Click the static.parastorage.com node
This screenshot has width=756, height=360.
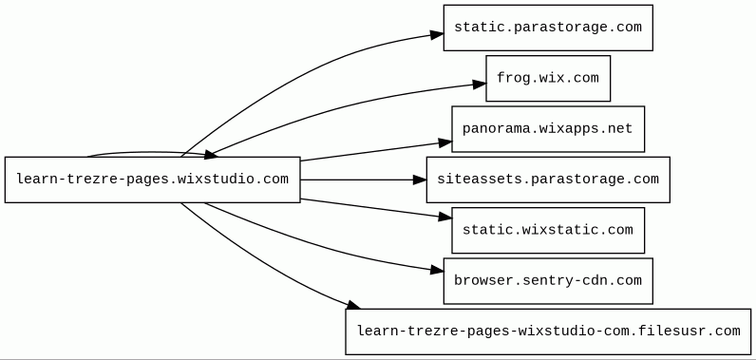548,28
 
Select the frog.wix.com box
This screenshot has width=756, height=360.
548,79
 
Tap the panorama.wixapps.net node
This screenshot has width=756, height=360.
548,129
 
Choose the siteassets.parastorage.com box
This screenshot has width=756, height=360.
548,180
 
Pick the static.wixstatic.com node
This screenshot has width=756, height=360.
548,231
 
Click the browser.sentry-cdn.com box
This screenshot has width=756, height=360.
548,281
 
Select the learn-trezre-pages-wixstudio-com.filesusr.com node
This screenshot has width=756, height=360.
548,332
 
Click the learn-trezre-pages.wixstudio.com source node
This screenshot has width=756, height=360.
152,180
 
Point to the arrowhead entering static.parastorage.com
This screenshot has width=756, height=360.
437,34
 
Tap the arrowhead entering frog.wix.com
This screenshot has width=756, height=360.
480,85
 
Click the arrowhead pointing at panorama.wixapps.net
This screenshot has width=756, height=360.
445,142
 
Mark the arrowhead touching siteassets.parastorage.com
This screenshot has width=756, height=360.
420,180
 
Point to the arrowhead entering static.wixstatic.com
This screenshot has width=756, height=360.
445,217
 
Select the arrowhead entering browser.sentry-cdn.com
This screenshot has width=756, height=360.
437,271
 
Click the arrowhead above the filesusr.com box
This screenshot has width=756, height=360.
353,305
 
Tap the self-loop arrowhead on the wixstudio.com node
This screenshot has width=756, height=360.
210,154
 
